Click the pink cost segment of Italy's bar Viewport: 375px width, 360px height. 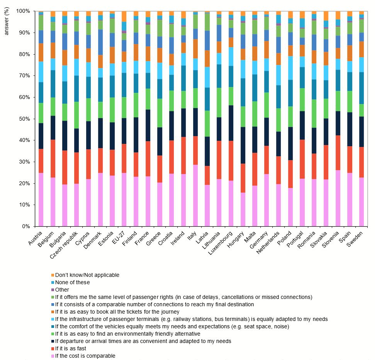(195, 195)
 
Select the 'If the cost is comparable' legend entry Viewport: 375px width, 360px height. (85, 356)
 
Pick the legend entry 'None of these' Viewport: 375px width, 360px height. (72, 282)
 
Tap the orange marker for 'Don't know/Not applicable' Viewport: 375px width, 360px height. (53, 275)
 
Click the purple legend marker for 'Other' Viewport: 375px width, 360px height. (53, 290)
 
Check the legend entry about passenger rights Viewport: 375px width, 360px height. (183, 297)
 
